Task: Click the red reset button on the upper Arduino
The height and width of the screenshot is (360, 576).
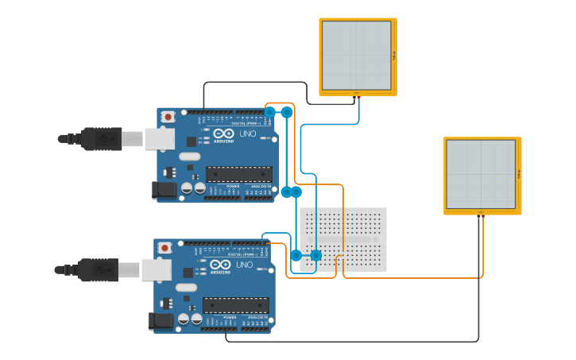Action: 168,117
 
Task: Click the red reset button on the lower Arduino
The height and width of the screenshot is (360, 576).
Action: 164,248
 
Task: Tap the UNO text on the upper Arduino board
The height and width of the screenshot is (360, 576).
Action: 248,134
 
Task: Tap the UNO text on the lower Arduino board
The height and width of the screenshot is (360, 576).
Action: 245,265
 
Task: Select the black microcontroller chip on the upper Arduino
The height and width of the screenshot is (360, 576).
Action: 239,174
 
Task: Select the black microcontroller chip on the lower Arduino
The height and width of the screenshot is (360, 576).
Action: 236,305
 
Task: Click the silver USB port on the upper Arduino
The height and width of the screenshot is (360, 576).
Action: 160,139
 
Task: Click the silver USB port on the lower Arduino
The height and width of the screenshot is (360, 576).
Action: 157,270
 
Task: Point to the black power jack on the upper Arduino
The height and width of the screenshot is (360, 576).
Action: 164,190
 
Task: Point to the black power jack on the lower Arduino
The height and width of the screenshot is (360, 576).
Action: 161,321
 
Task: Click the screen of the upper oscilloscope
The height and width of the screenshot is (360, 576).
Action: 357,56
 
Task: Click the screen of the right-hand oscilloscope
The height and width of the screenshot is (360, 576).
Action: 481,174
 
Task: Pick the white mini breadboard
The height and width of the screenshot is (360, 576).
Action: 343,239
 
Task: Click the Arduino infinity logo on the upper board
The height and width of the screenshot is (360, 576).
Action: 222,134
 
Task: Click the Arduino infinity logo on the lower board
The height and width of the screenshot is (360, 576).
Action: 220,265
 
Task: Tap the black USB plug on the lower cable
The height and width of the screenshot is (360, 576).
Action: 98,270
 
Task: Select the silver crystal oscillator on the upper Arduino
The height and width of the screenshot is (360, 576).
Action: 189,157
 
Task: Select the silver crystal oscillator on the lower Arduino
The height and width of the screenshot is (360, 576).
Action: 186,288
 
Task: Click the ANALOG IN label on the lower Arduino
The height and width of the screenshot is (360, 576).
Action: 259,317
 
